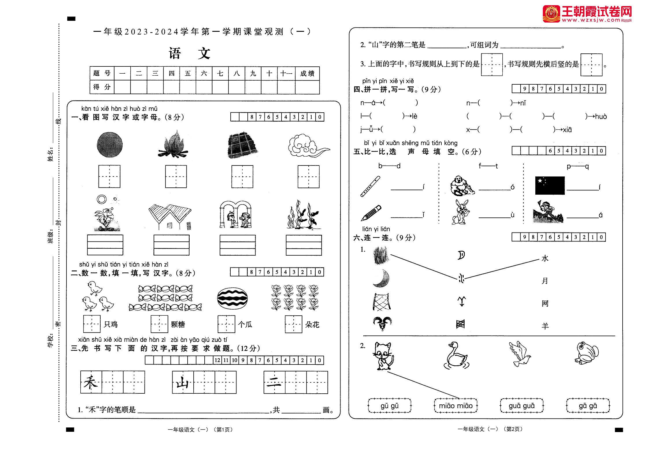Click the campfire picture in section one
pos(173,144)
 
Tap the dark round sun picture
pos(110,144)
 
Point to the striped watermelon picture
pos(232,299)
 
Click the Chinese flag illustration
pos(550,185)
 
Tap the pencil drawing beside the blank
pos(371,213)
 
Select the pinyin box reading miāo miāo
pos(456,406)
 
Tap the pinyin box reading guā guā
pos(522,406)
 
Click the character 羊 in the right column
pos(545,326)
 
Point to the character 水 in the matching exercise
pos(545,258)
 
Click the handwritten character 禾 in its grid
pos(91,382)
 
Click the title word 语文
pos(189,53)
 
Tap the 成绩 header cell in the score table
pos(307,74)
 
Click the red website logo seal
pos(551,14)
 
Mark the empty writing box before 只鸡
pos(92,324)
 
